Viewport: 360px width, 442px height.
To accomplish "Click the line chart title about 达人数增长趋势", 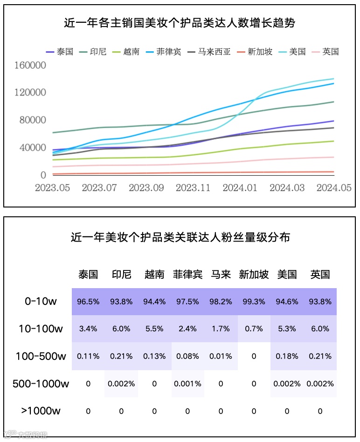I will click(x=180, y=23).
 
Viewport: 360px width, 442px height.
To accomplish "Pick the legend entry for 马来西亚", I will click(x=209, y=52).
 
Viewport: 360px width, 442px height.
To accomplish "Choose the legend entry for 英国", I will click(x=325, y=52).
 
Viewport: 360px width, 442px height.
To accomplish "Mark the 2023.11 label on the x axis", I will click(x=193, y=187).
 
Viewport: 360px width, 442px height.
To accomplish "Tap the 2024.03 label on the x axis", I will click(x=287, y=187).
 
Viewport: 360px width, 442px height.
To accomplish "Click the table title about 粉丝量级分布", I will click(x=180, y=237).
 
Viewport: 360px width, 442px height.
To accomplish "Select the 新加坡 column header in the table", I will click(x=254, y=274).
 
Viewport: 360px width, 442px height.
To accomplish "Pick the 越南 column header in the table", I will click(x=154, y=274).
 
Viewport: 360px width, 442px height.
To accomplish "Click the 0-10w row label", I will click(x=41, y=302).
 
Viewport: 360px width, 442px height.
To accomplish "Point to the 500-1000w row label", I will click(x=41, y=384).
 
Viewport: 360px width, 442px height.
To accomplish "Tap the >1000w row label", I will click(x=41, y=411).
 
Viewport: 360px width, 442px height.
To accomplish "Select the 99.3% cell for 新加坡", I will click(x=254, y=302).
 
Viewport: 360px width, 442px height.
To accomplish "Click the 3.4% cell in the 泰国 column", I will click(x=88, y=329).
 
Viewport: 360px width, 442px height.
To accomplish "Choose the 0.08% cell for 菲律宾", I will click(x=187, y=356).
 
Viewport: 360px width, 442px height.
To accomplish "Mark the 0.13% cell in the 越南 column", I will click(x=154, y=356).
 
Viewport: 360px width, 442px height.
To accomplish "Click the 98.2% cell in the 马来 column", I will click(x=221, y=302).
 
